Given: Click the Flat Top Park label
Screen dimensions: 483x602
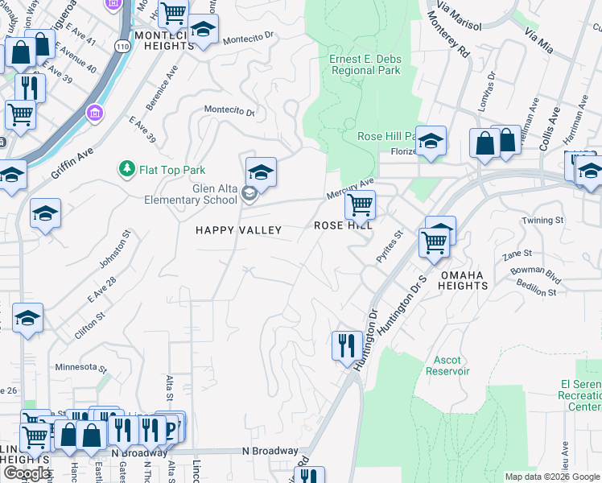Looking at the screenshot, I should [x=172, y=170].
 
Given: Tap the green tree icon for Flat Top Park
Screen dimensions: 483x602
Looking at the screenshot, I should [x=126, y=169].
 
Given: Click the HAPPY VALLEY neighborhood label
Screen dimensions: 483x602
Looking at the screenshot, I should [x=239, y=230].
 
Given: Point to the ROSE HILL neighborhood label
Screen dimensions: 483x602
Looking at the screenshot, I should [x=343, y=227].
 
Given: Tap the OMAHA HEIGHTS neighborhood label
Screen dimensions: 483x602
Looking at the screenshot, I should [x=462, y=282].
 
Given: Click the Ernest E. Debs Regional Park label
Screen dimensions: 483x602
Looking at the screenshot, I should [x=365, y=64].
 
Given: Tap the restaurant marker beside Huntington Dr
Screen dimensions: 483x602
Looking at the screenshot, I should [x=347, y=345].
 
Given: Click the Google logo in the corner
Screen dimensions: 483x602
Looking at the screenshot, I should [x=27, y=473].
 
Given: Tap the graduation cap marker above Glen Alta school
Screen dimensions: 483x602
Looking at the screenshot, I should [x=261, y=172].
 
